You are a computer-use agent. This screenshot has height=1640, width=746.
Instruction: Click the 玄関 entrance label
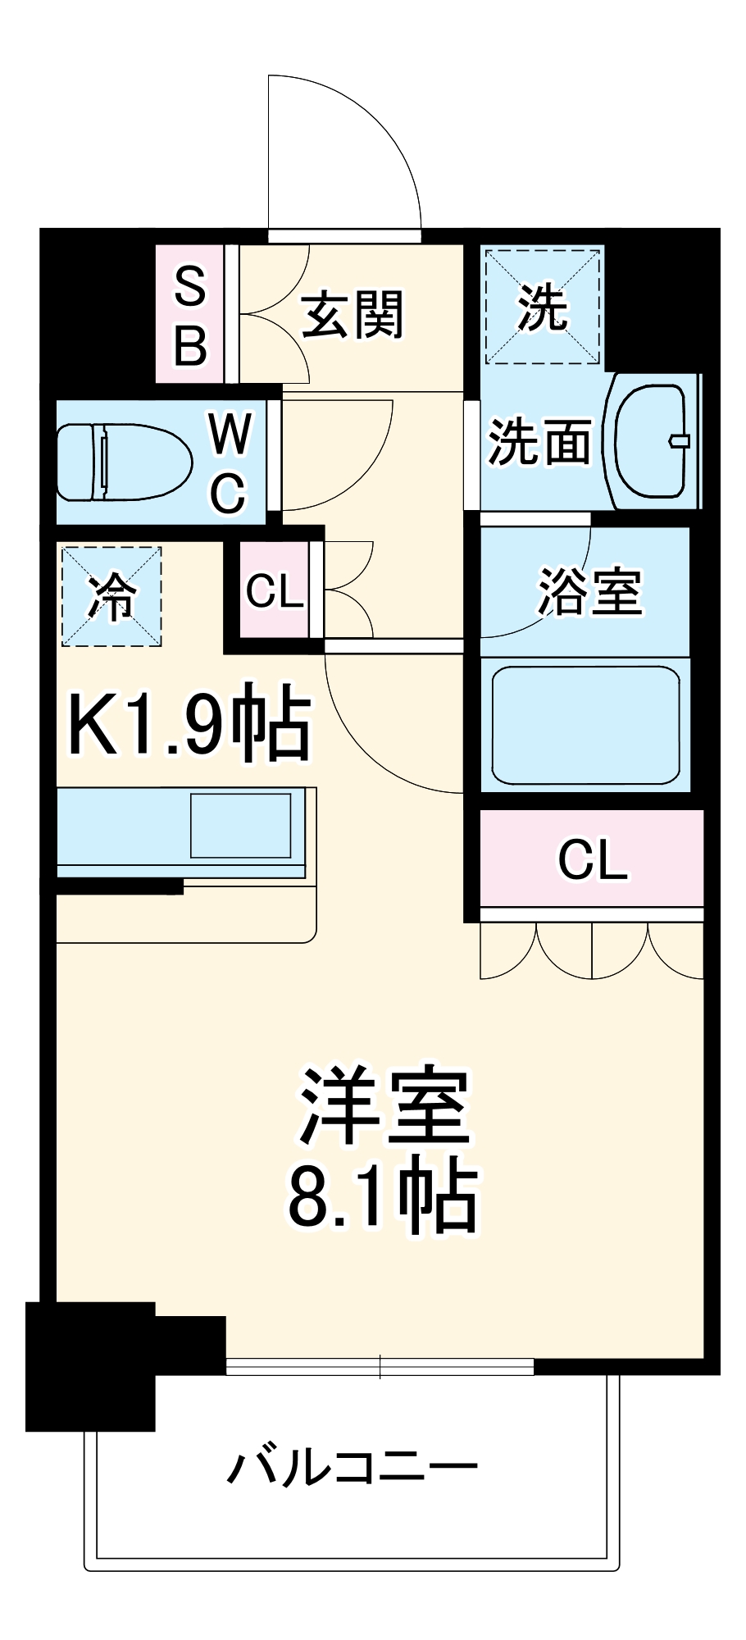pos(353,315)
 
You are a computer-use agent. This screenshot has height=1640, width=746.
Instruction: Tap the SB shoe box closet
pos(189,315)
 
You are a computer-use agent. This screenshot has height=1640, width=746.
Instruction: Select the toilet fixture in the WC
pos(123,462)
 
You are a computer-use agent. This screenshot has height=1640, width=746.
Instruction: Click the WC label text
pos(229,462)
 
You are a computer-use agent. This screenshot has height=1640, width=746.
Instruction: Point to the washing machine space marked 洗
pos(542,307)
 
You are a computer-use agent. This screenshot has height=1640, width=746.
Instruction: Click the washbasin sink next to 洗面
pos(653,441)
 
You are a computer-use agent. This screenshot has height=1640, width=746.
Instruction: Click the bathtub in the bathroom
pos(585,725)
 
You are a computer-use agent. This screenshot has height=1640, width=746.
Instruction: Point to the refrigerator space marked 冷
pos(111,596)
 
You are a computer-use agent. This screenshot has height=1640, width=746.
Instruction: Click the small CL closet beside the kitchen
pos(274,590)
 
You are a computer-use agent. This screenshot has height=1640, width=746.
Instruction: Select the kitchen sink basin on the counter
pos(240,825)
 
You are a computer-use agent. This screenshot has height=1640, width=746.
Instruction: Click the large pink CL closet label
pos(592,859)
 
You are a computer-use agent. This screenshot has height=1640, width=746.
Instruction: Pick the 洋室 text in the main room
pos(384,1107)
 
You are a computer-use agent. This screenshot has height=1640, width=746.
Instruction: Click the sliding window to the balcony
pos(380,1367)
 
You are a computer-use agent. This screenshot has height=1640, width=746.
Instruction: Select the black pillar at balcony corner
pos(90,1365)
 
